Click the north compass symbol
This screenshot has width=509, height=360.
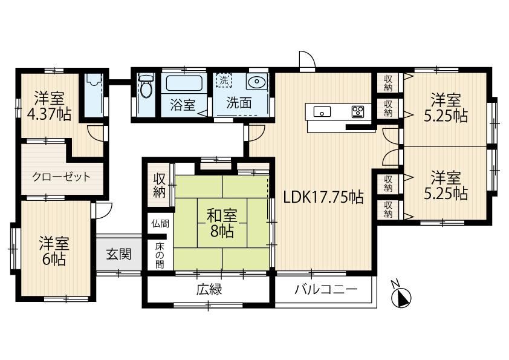(x=401, y=296)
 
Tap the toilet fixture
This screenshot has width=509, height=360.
(x=146, y=85)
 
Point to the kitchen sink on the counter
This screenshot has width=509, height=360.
(x=322, y=111)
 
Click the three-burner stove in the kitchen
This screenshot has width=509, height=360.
(x=358, y=111)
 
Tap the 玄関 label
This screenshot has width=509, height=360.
(x=119, y=254)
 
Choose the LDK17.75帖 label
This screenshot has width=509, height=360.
(x=323, y=197)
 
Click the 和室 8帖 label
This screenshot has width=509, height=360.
(x=222, y=223)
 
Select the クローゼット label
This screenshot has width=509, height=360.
(x=61, y=177)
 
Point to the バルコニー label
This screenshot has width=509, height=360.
(x=326, y=289)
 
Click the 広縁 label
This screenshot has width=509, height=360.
(x=209, y=289)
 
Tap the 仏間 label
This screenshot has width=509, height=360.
(x=160, y=223)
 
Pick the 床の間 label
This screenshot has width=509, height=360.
(x=159, y=255)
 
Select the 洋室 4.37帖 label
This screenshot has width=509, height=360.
(x=49, y=106)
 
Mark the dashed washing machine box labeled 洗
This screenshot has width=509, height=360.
(x=224, y=80)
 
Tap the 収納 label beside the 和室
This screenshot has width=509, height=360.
(x=159, y=185)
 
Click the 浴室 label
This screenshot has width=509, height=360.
(x=183, y=105)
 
